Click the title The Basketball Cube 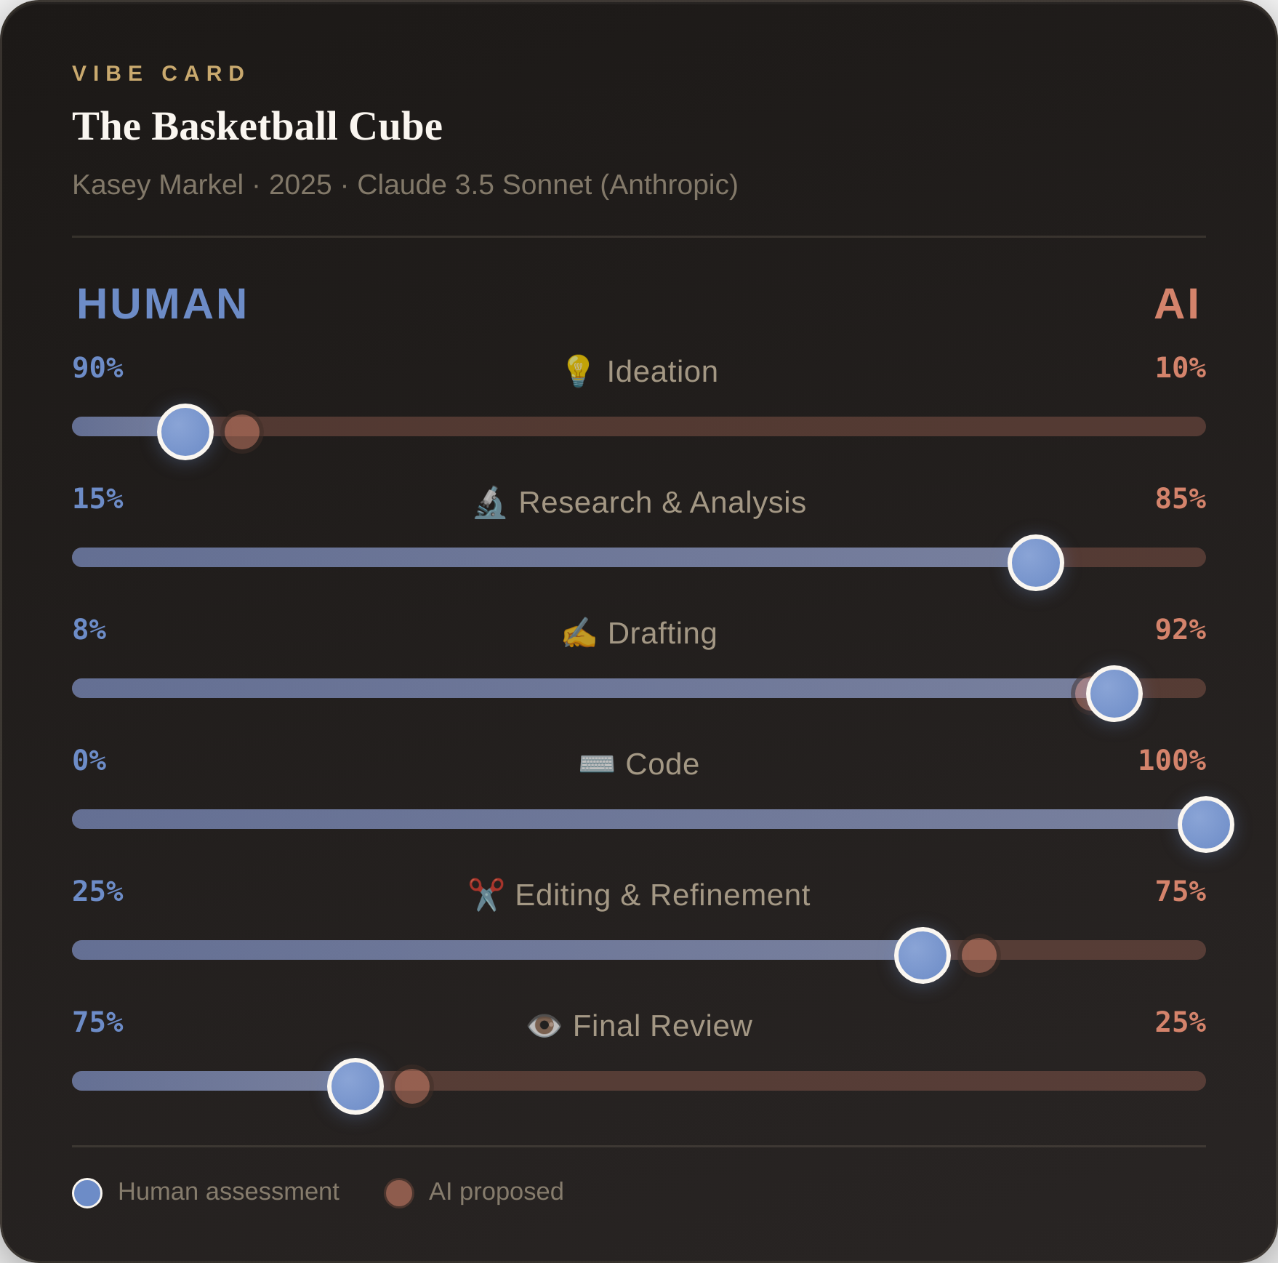tap(257, 127)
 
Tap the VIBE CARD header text tap(160, 73)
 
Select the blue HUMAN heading tap(162, 304)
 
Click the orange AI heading tap(1176, 304)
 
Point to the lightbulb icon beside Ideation tap(578, 371)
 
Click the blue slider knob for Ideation tap(185, 432)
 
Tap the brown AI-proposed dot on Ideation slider tap(242, 432)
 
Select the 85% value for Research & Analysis tap(1180, 499)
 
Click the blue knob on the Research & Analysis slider tap(1035, 563)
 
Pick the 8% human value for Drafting tap(89, 630)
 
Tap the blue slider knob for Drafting tap(1114, 694)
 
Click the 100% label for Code tap(1171, 761)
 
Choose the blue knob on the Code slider tap(1205, 825)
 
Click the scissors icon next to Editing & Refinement tap(486, 894)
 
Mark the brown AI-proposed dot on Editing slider tap(979, 955)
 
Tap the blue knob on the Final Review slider tap(355, 1086)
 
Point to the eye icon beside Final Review tap(544, 1026)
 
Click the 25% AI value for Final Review tap(1180, 1022)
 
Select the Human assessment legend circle tap(87, 1193)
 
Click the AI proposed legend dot tap(399, 1193)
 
